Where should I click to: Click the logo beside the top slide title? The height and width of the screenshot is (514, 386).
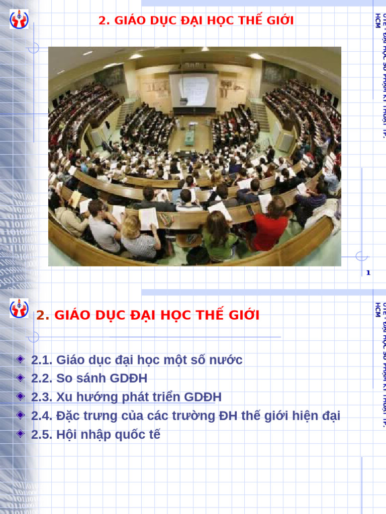tap(19, 20)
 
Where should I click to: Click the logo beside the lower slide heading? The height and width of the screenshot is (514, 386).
tap(19, 308)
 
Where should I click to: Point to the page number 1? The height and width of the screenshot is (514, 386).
tap(368, 273)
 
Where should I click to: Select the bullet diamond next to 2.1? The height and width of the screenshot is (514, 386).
tap(20, 359)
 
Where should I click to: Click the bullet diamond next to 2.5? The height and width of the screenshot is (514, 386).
tap(20, 434)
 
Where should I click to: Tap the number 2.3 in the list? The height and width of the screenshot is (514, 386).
tap(42, 397)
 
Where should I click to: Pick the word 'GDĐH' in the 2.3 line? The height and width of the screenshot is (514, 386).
tap(203, 397)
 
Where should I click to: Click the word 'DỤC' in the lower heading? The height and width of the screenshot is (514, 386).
tap(111, 316)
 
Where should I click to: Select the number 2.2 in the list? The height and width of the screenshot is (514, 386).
tap(42, 378)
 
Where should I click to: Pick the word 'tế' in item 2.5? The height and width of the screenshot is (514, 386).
tap(154, 435)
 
